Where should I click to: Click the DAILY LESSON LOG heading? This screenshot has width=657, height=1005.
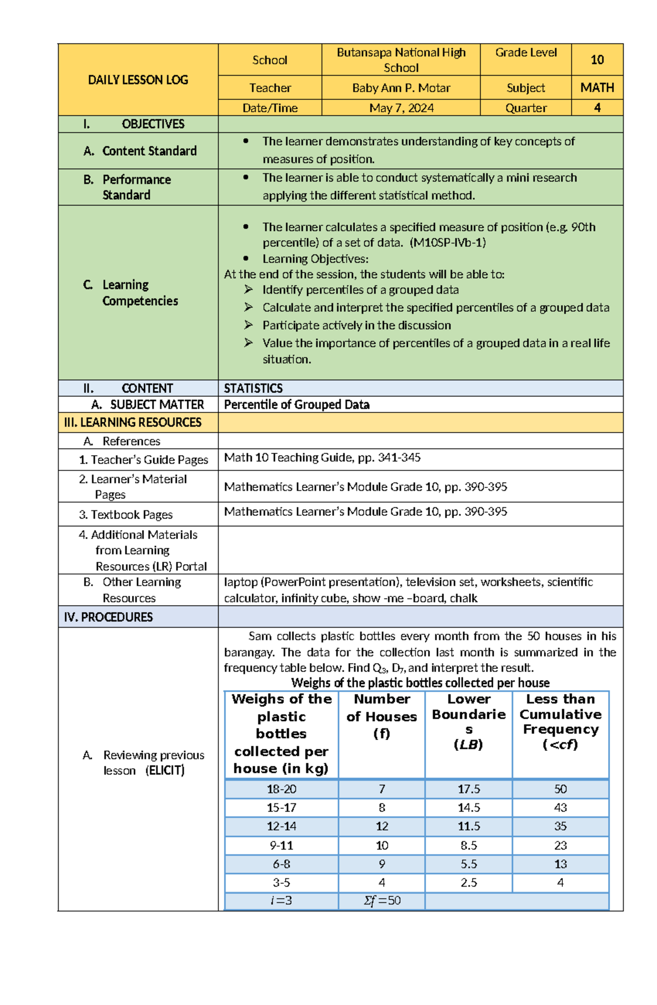[x=138, y=80]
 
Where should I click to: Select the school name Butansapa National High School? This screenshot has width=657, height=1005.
[x=401, y=60]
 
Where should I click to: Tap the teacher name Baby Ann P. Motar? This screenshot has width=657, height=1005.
[x=401, y=88]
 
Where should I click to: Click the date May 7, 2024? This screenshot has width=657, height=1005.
[x=401, y=108]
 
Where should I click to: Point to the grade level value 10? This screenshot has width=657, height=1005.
[x=597, y=60]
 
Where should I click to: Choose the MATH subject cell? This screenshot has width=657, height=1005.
[x=597, y=88]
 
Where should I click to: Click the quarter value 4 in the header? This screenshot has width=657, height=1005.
[x=597, y=108]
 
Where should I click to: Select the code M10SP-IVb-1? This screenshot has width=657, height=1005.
[x=447, y=243]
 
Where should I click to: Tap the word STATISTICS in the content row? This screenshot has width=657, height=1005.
[x=253, y=388]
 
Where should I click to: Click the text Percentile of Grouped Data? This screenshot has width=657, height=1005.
[x=296, y=405]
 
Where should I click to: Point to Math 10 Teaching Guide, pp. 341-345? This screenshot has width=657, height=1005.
[x=322, y=458]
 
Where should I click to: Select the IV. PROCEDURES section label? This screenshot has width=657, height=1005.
[x=108, y=617]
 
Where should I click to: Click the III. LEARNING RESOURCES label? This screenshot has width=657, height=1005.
[x=132, y=422]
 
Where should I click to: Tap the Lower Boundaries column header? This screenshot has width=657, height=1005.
[x=469, y=721]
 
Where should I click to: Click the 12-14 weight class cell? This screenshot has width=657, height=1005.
[x=281, y=826]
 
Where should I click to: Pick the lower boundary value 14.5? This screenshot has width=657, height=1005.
[x=469, y=807]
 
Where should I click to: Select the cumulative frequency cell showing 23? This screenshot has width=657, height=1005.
[x=560, y=845]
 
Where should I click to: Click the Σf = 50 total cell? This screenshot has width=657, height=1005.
[x=382, y=900]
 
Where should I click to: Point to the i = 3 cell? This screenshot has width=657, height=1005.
[x=281, y=900]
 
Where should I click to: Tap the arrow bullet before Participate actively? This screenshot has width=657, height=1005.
[x=249, y=325]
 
